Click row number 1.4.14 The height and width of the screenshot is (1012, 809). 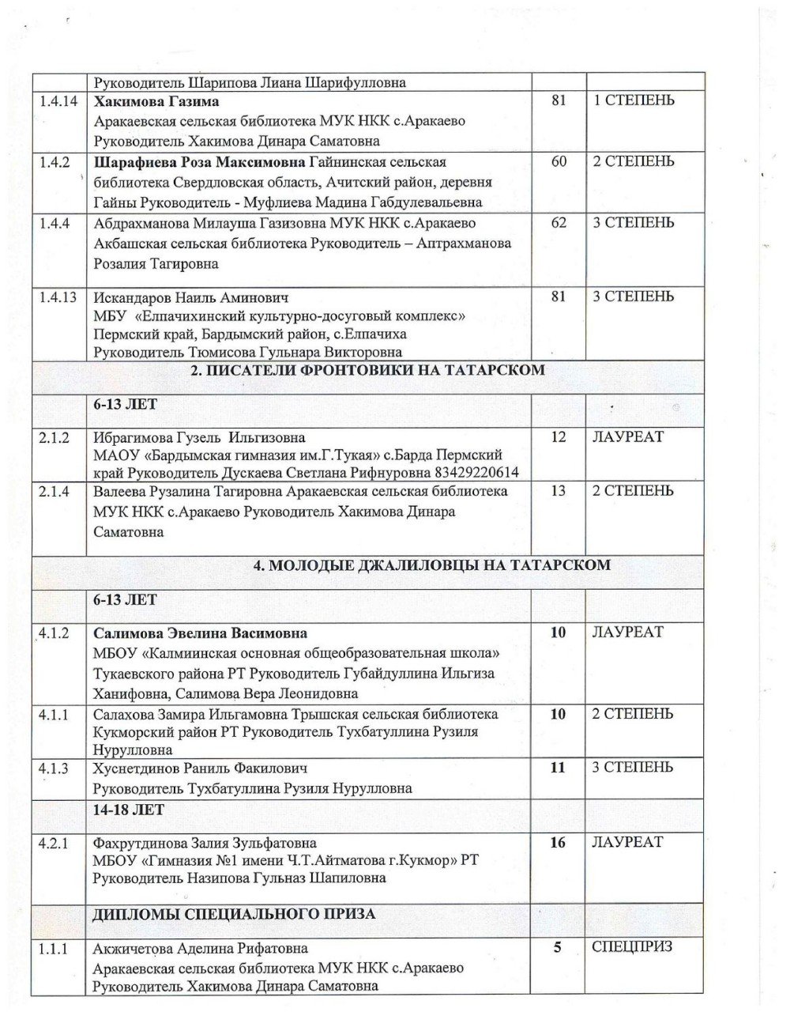tap(58, 102)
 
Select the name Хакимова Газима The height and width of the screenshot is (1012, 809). tap(156, 102)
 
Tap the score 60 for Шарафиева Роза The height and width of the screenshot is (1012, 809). tap(559, 162)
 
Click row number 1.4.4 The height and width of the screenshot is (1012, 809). tap(55, 223)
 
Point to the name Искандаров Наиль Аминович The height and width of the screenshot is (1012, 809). tap(190, 297)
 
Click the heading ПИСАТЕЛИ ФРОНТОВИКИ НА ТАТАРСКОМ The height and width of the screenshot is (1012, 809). tap(368, 370)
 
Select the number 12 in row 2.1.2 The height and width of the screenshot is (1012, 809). tap(558, 437)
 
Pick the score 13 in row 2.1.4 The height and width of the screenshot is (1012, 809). tap(558, 491)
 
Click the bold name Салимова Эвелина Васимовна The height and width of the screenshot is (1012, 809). tap(200, 633)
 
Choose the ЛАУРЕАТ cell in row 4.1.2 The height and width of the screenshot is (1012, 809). tap(627, 632)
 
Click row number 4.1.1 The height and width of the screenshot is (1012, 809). tap(55, 715)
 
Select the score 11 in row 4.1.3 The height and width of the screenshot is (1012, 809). tap(558, 768)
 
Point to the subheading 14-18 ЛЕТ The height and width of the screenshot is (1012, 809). tap(128, 810)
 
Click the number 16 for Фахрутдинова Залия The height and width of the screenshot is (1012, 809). tap(558, 843)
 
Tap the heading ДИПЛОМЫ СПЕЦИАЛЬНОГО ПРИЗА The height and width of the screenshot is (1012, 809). tap(234, 914)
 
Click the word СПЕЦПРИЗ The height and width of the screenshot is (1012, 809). tap(631, 947)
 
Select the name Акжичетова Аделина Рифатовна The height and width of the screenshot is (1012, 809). tap(200, 949)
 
